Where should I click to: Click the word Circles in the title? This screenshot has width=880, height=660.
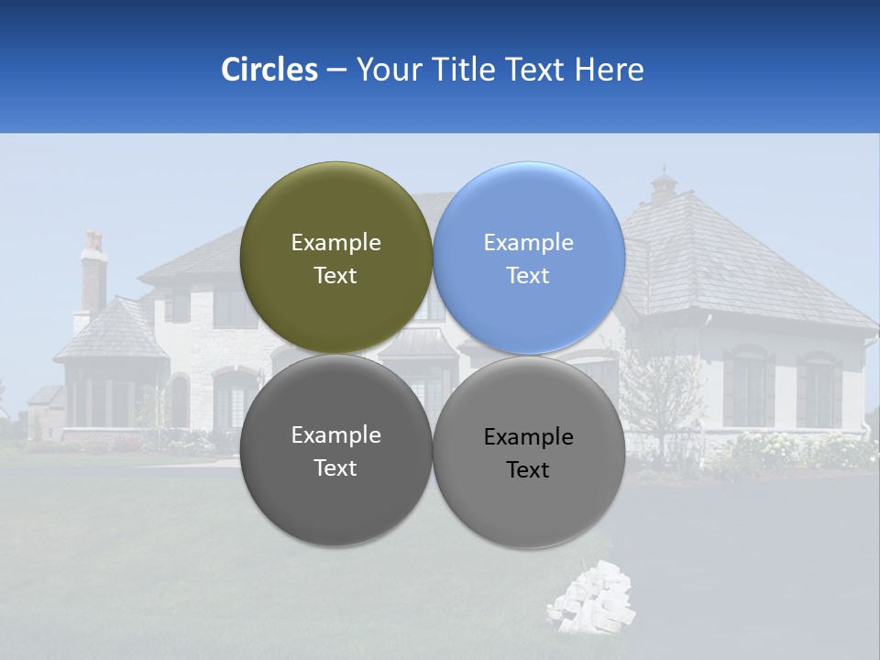269,70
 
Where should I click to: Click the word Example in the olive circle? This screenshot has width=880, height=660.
335,242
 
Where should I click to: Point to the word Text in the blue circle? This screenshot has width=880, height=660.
528,276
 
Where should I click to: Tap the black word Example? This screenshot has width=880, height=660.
528,437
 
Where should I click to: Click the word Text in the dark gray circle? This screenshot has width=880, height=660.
335,468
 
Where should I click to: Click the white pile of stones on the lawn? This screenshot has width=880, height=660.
591,600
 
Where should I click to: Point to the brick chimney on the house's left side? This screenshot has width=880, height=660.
93,275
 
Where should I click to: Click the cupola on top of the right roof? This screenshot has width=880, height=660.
663,188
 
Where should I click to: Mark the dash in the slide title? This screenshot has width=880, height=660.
335,71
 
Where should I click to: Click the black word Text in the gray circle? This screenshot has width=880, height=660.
528,470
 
